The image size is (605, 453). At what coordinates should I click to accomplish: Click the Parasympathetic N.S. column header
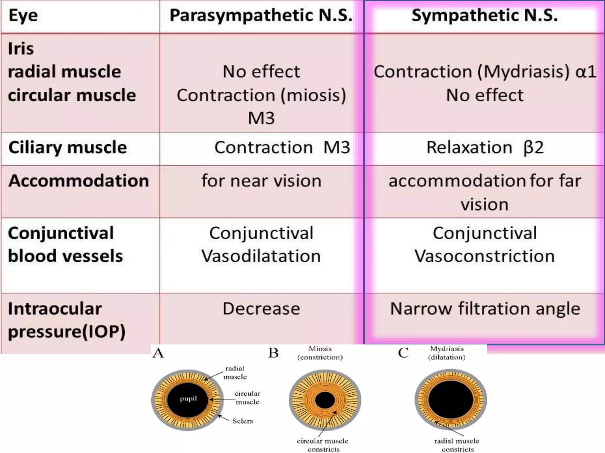261,15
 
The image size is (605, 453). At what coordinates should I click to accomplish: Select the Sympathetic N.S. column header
484,15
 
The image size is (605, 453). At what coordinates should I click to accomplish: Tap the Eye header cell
23,15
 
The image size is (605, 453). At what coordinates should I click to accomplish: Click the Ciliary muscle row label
68,147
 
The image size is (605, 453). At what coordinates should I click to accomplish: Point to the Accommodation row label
79,180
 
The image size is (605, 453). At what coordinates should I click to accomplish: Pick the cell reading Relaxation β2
485,147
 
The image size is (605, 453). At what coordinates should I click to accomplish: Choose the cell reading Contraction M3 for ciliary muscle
282,147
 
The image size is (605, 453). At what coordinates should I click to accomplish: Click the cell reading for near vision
261,180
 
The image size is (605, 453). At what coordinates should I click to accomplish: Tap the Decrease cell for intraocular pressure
261,309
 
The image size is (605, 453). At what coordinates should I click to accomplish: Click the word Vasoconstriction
484,256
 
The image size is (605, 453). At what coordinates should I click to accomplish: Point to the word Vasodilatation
261,256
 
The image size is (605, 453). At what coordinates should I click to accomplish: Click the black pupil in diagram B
325,401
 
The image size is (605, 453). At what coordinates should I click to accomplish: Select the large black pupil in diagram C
451,400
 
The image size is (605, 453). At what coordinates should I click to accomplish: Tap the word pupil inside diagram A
188,399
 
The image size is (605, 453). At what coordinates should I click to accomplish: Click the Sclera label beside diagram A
243,421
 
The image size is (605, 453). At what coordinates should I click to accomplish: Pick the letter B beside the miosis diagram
274,353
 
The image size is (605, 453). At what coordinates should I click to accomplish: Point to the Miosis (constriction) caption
320,353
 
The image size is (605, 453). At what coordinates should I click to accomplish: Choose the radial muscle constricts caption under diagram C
457,445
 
